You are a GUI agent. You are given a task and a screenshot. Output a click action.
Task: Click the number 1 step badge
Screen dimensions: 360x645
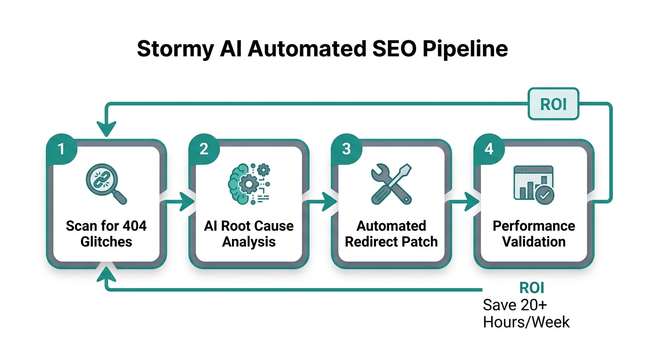tap(61, 149)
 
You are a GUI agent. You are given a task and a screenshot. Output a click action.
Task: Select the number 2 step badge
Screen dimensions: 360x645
tap(203, 149)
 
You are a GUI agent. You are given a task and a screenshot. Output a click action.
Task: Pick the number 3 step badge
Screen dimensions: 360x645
tap(346, 149)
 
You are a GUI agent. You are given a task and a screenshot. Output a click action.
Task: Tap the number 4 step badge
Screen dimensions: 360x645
tap(488, 149)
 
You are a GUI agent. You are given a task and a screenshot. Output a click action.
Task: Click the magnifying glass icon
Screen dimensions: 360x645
tap(106, 184)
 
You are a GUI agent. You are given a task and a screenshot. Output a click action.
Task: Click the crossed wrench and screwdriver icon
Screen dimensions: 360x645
tap(391, 184)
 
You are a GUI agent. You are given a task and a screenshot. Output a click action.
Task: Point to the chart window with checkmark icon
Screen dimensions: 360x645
tap(533, 184)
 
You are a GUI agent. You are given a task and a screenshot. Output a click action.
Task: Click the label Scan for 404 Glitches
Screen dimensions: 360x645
tap(106, 233)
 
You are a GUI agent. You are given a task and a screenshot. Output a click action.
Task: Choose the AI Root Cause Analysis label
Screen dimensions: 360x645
tap(248, 233)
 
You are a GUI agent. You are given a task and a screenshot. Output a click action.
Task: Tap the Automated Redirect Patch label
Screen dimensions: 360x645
tap(391, 233)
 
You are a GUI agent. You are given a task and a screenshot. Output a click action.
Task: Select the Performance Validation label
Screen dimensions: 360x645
tap(533, 233)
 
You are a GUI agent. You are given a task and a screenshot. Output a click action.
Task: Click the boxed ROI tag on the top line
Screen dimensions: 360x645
tap(553, 104)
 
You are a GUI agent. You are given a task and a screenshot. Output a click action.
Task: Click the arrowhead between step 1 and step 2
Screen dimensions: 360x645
tap(188, 202)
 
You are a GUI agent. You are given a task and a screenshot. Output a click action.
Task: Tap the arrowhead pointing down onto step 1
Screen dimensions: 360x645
tap(106, 129)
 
